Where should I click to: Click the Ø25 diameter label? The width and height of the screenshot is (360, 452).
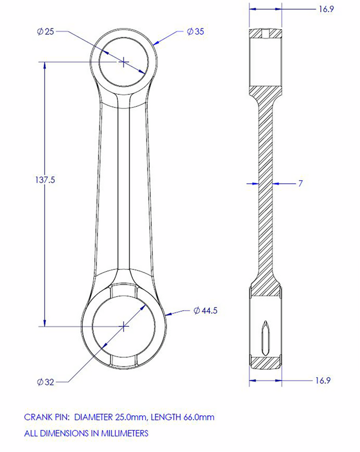click(x=46, y=32)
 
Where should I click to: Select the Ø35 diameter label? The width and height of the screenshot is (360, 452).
click(x=196, y=32)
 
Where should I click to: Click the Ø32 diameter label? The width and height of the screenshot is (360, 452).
click(x=46, y=382)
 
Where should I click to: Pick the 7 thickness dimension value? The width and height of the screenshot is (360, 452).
click(x=300, y=184)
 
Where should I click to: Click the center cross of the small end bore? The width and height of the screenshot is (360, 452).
click(x=123, y=61)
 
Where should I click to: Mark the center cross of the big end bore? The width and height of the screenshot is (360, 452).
click(x=123, y=325)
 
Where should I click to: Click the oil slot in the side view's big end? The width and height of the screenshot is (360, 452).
click(x=265, y=338)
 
